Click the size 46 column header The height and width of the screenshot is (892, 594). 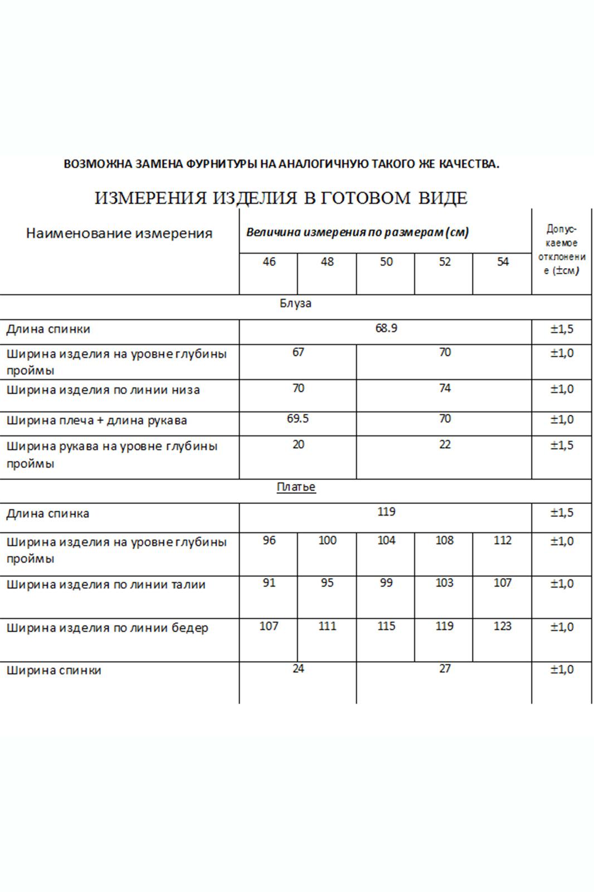(x=269, y=262)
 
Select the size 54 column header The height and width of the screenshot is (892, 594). (x=502, y=262)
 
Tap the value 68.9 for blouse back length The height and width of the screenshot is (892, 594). (x=386, y=328)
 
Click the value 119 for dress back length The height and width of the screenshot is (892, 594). (x=386, y=512)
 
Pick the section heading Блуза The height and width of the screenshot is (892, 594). (x=295, y=304)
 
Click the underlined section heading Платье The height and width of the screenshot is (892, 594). (x=296, y=487)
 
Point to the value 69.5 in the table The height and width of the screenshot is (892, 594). (x=298, y=419)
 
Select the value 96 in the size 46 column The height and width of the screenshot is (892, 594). (x=269, y=540)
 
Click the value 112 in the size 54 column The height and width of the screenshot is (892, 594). (x=502, y=540)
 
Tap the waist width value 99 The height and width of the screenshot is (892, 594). (x=386, y=583)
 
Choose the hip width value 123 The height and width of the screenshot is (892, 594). (x=502, y=626)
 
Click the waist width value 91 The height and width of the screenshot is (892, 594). (x=269, y=583)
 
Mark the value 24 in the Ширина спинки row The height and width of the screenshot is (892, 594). (x=298, y=669)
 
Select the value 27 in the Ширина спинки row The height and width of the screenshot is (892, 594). (x=444, y=669)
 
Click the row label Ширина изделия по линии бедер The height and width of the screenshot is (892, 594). (x=108, y=628)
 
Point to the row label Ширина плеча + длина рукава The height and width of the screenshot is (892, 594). (x=96, y=420)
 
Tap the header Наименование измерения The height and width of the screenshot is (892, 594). (x=119, y=234)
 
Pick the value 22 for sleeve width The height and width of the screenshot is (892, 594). (x=444, y=445)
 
